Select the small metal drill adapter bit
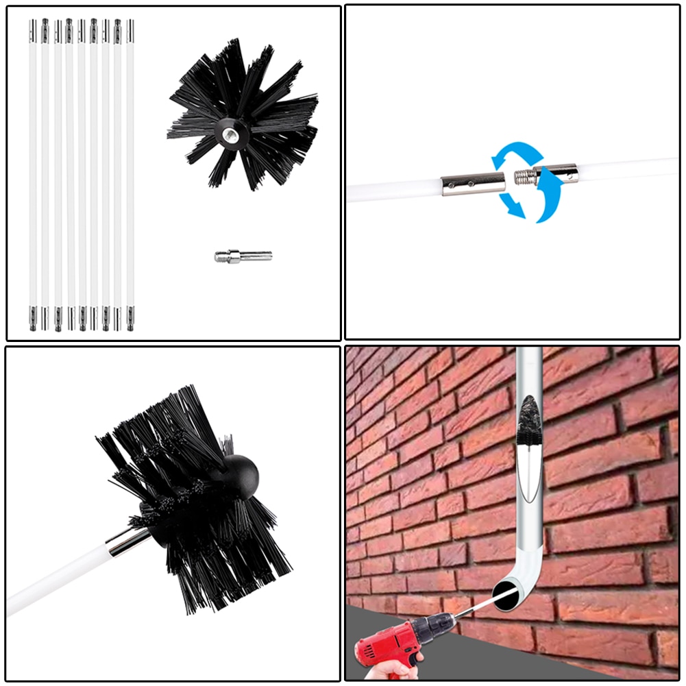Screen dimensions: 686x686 (243, 257)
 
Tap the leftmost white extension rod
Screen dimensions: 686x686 (32, 171)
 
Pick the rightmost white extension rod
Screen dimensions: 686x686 (130, 171)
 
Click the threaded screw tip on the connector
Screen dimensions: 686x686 (524, 177)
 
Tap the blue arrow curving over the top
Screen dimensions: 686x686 (515, 152)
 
